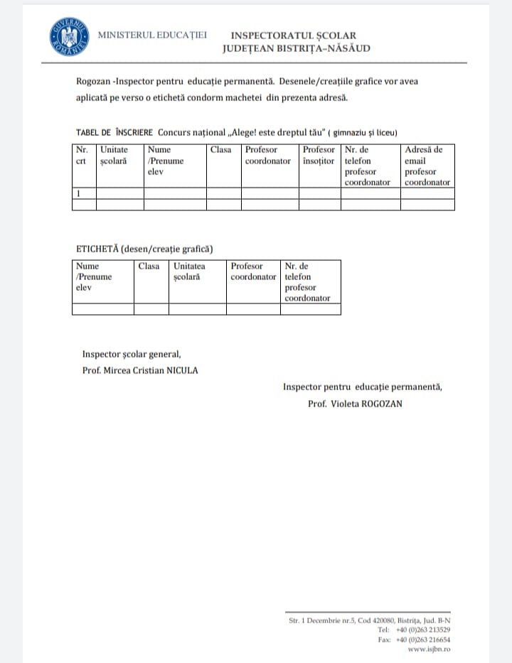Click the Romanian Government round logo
coord(70,36)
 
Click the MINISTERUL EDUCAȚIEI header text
coord(152,35)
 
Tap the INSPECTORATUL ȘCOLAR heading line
coord(293,36)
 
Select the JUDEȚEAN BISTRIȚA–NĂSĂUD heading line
coord(296,48)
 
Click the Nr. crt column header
coord(83,156)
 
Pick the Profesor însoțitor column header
coord(319,156)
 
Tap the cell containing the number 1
coord(84,193)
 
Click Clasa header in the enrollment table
coord(221,150)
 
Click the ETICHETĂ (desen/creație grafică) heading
coord(144,249)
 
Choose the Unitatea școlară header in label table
coord(190,271)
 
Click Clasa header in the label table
coord(149,266)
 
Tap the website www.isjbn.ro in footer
coord(429,649)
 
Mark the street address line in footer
coord(369,620)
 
